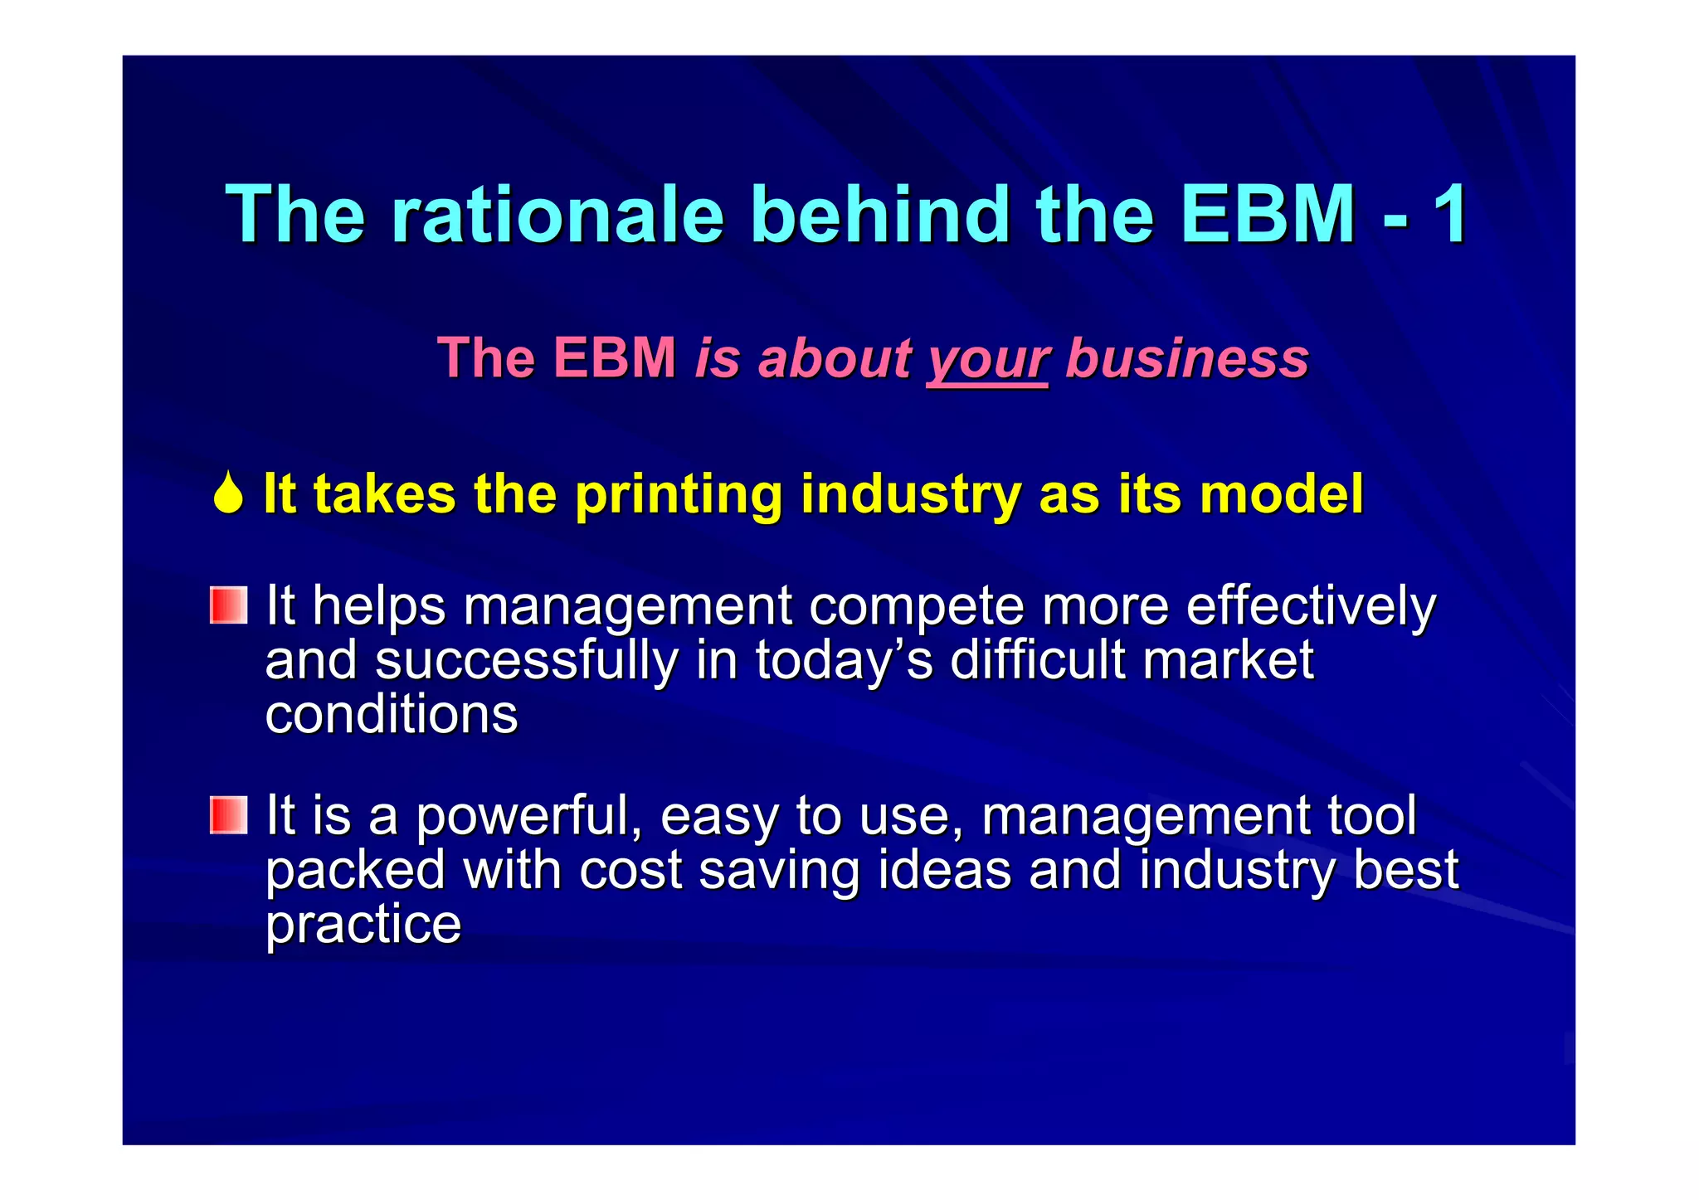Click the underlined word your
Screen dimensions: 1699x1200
click(x=987, y=360)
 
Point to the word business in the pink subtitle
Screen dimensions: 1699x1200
click(x=1186, y=358)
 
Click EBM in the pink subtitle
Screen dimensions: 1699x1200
click(x=614, y=358)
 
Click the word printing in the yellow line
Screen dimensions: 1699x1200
click(x=678, y=495)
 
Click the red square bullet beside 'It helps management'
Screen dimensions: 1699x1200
click(x=228, y=605)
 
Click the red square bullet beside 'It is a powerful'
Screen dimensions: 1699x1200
click(x=228, y=814)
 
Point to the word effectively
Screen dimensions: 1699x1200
click(x=1310, y=606)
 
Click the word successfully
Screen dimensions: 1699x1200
click(x=526, y=661)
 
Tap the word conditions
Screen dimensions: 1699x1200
click(x=391, y=715)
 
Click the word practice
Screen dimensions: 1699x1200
click(x=363, y=926)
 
